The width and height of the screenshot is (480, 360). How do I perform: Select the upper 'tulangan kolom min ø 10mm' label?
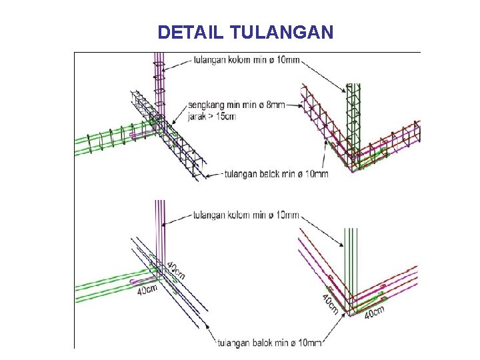246,60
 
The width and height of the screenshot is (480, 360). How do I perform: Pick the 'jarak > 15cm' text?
213,116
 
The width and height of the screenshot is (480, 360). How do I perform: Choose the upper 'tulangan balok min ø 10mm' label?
276,175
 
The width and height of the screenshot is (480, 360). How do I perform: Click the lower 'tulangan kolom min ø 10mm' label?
246,215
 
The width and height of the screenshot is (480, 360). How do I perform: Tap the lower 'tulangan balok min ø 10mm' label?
269,343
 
